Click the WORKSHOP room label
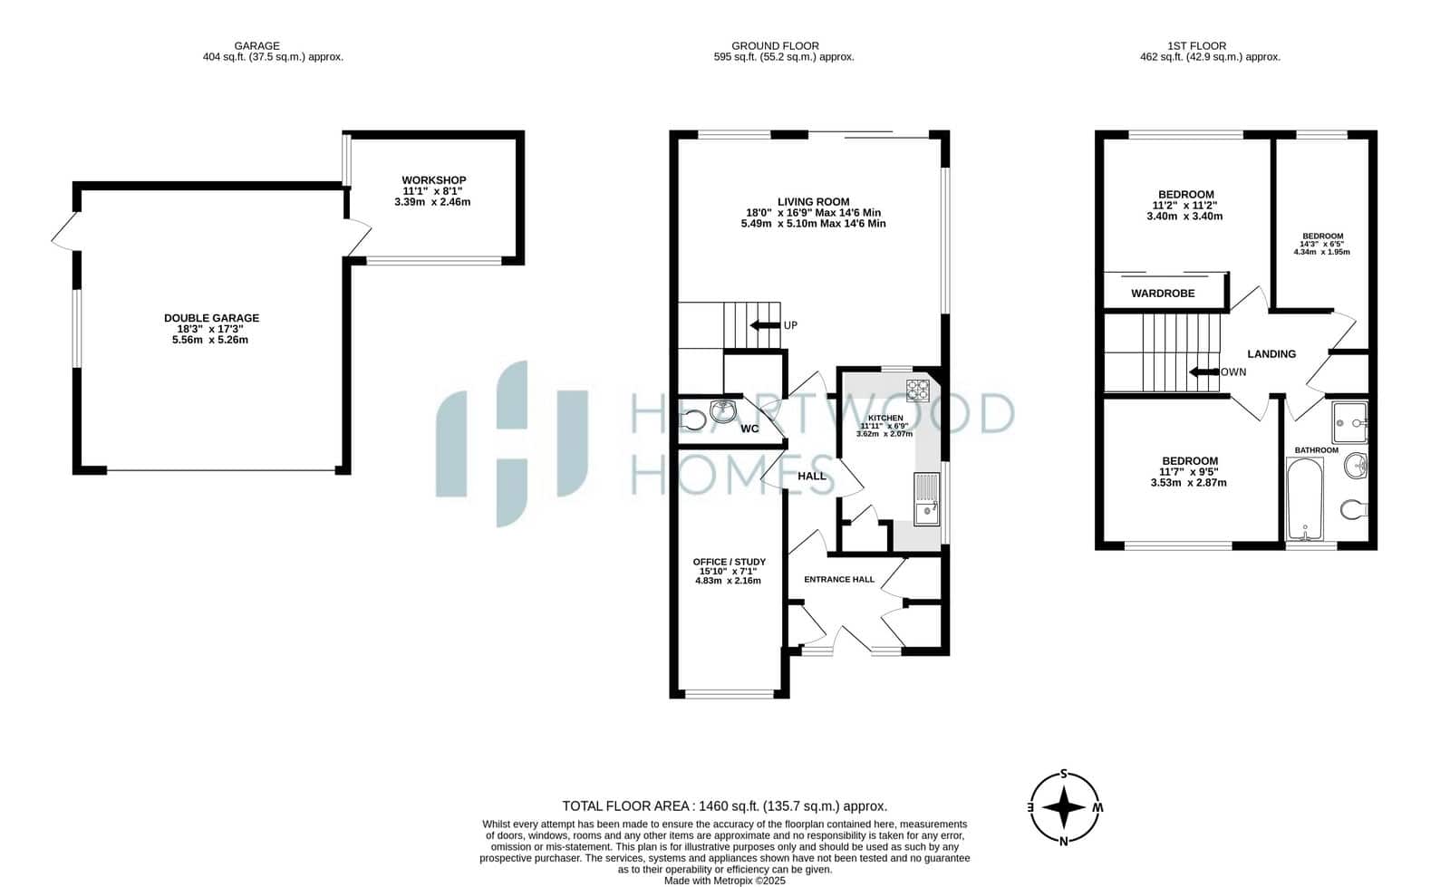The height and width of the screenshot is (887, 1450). (x=434, y=180)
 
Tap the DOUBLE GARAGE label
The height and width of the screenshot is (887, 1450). (x=212, y=318)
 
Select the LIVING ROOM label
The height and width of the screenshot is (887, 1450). (x=813, y=202)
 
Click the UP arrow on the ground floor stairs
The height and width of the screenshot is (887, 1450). (x=765, y=324)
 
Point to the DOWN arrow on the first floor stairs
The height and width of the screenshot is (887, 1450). (x=1204, y=372)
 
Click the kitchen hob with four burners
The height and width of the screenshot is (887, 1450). (x=917, y=390)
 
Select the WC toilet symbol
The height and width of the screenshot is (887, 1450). (x=692, y=420)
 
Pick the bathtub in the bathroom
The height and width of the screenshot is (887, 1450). (x=1304, y=499)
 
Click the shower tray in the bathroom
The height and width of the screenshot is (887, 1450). (x=1349, y=422)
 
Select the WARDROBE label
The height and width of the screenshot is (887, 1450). (x=1163, y=293)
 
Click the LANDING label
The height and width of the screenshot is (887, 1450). (x=1271, y=354)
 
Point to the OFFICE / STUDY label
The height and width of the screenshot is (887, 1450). (x=729, y=562)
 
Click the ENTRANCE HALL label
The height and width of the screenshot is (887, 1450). (x=839, y=579)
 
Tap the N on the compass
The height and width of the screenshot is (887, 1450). (x=1063, y=842)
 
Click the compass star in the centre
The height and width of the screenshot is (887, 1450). (x=1064, y=806)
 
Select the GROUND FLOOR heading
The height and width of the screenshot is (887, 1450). (x=775, y=46)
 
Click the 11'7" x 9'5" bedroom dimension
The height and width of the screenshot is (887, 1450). (x=1188, y=472)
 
